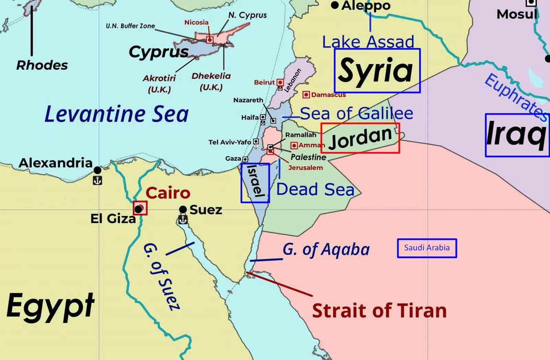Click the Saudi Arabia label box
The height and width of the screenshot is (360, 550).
pyautogui.click(x=427, y=248)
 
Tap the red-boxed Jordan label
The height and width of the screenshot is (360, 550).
pyautogui.click(x=360, y=138)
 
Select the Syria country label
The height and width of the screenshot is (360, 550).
pyautogui.click(x=377, y=71)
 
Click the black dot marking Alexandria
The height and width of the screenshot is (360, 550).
pyautogui.click(x=97, y=170)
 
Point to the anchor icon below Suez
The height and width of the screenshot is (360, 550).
pyautogui.click(x=183, y=220)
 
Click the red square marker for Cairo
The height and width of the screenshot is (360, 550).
pyautogui.click(x=140, y=208)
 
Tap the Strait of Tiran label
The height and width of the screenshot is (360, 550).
pyautogui.click(x=379, y=311)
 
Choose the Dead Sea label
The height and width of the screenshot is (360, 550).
pyautogui.click(x=315, y=189)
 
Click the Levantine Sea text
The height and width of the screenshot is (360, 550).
pyautogui.click(x=117, y=114)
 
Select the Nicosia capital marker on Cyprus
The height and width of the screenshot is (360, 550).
pyautogui.click(x=210, y=40)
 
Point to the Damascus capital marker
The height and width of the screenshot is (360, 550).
pyautogui.click(x=306, y=94)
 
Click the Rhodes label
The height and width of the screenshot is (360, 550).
pyautogui.click(x=42, y=65)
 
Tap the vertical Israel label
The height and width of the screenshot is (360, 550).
pyautogui.click(x=255, y=183)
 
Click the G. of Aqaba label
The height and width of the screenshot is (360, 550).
pyautogui.click(x=326, y=250)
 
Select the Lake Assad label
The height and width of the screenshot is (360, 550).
pyautogui.click(x=368, y=42)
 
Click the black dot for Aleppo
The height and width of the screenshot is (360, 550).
pyautogui.click(x=335, y=5)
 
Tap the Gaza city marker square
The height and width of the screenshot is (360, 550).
pyautogui.click(x=245, y=159)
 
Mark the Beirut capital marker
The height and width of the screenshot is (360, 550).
pyautogui.click(x=280, y=82)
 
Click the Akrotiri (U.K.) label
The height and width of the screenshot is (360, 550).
pyautogui.click(x=159, y=83)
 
